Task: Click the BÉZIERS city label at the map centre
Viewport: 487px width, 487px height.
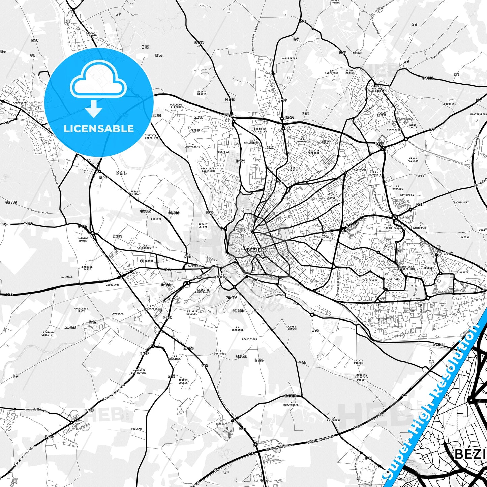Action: point(257,250)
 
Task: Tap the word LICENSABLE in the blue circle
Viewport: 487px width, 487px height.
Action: point(99,129)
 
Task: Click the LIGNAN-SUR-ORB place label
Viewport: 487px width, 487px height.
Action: point(91,34)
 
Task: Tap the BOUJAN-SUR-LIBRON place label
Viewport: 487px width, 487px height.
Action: point(375,90)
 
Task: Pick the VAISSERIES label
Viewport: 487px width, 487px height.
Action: point(289,58)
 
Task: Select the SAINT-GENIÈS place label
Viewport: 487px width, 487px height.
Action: point(202,93)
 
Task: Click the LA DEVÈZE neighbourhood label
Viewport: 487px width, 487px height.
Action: point(371,280)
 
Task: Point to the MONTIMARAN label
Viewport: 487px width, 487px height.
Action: point(394,228)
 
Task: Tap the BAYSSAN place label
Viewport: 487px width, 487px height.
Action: point(221,424)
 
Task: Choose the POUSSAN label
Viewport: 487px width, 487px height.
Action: point(136,429)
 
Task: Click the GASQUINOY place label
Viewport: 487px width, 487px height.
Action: point(112,285)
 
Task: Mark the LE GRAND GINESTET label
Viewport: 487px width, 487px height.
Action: point(48,334)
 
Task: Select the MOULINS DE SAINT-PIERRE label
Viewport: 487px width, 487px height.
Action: point(361,377)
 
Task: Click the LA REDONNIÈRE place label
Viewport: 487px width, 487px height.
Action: point(293,403)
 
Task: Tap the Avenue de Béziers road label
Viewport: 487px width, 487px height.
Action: point(34,410)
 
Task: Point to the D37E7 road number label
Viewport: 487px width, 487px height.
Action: point(291,396)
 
